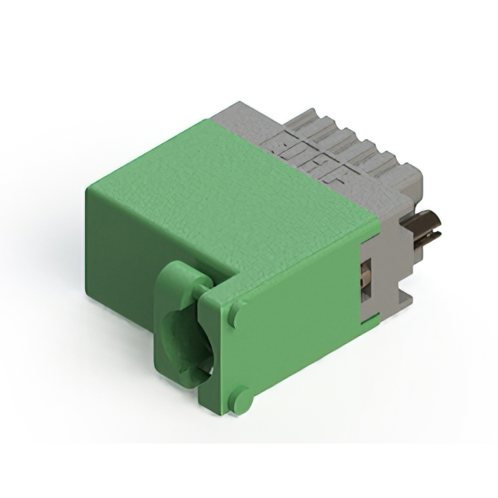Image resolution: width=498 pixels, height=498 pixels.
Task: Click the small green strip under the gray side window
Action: pos(370,318)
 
